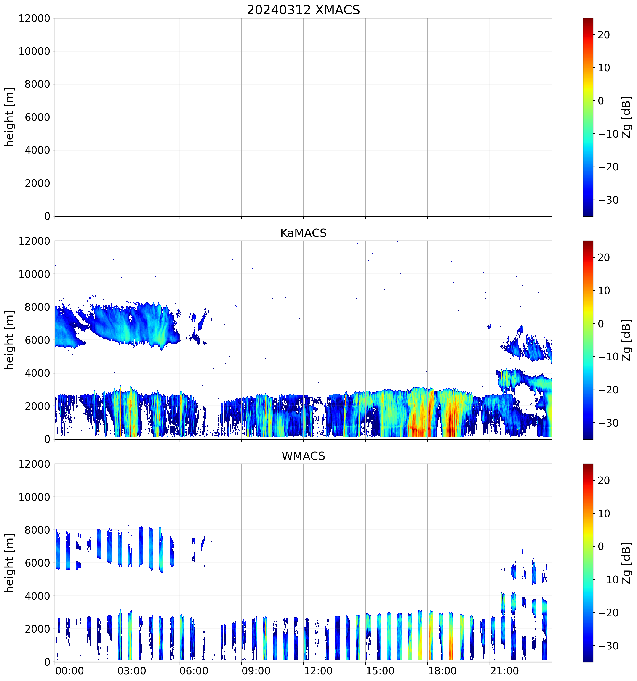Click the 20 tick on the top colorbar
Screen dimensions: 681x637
click(604, 35)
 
